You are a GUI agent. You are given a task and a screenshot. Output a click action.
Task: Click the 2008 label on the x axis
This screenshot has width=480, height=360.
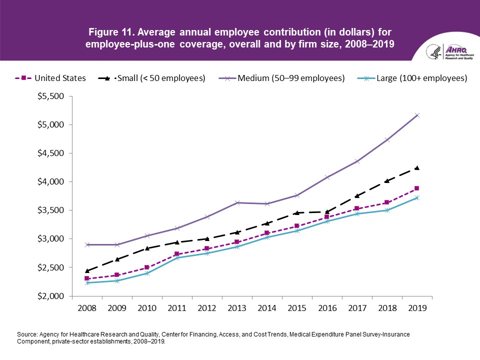86,308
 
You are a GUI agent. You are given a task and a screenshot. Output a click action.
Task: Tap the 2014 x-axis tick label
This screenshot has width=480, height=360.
267,308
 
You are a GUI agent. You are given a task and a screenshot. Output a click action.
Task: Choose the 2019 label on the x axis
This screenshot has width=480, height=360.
417,308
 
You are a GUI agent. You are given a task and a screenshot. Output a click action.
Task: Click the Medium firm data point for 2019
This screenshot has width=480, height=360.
417,115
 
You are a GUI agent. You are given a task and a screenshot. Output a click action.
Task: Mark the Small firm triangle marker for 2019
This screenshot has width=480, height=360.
417,168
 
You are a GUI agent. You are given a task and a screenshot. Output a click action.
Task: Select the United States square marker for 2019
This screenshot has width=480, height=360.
417,188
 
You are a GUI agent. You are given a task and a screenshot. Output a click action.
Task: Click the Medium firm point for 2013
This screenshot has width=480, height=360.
237,202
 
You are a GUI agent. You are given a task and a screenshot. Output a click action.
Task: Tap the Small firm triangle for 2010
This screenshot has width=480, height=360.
147,248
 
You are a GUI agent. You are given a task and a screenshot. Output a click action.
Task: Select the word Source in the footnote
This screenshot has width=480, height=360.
27,332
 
